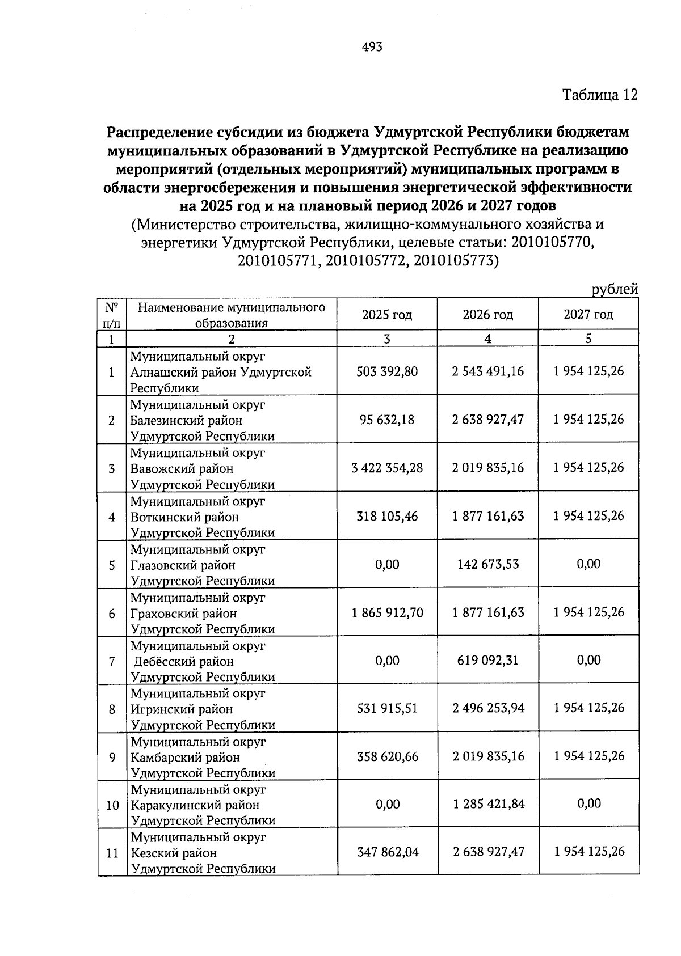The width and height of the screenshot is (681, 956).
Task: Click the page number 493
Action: tap(372, 47)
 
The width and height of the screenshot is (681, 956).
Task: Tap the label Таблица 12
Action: tap(600, 95)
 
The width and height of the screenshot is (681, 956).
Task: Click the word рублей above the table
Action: tap(615, 289)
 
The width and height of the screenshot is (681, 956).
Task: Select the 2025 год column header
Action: tap(387, 315)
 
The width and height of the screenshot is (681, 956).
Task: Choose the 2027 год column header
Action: tap(588, 315)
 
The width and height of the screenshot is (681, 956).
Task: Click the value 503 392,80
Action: tap(387, 371)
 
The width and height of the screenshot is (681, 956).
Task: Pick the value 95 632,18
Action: tap(387, 420)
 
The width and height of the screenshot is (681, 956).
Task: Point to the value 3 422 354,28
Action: tap(387, 468)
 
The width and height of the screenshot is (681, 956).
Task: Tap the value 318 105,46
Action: tap(387, 516)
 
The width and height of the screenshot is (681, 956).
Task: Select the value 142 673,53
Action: tap(488, 564)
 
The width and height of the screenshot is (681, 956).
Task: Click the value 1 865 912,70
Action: tap(387, 612)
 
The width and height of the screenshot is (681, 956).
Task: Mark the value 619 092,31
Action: tap(488, 660)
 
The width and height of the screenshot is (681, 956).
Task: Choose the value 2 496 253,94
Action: tap(488, 708)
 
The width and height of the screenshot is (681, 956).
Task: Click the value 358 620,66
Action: tap(387, 756)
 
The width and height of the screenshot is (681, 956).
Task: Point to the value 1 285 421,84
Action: tap(488, 804)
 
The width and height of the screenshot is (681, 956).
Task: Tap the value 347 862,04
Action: tap(387, 852)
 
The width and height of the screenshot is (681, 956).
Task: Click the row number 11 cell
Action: tap(112, 853)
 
